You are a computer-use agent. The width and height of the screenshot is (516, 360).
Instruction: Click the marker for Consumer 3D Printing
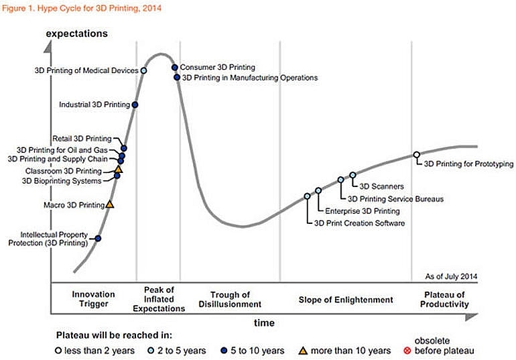(174, 67)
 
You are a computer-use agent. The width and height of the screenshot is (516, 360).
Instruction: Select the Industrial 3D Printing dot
(135, 105)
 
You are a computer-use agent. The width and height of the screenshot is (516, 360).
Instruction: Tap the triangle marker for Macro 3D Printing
(111, 204)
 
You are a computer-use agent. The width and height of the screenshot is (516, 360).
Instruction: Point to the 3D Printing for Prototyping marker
(416, 155)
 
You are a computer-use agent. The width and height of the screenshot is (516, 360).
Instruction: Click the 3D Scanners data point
(352, 175)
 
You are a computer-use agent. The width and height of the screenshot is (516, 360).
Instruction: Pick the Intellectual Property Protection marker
(99, 238)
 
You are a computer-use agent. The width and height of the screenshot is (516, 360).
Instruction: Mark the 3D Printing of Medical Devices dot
(144, 70)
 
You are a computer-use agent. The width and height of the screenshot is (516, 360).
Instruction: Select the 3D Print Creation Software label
(359, 223)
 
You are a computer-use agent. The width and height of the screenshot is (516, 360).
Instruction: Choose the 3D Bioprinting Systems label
(62, 180)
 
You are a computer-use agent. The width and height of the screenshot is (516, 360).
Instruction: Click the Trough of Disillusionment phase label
(230, 300)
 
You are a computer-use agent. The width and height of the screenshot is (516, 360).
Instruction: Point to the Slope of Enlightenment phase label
(346, 300)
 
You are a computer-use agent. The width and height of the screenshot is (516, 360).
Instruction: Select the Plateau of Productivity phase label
(444, 300)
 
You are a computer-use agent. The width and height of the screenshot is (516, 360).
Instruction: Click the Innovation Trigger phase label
(93, 300)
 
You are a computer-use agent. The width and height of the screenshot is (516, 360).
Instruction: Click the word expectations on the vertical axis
(76, 32)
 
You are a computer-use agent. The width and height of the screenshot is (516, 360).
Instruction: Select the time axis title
(263, 322)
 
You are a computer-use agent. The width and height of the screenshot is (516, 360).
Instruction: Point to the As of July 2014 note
(451, 276)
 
